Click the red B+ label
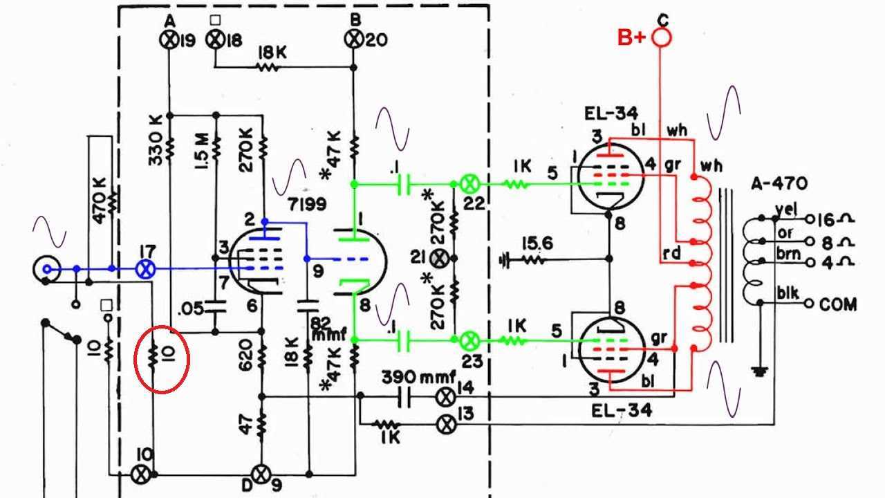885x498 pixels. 632,38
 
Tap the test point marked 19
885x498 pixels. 169,40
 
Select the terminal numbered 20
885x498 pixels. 353,39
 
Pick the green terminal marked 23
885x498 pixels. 470,340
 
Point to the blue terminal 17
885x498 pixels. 146,270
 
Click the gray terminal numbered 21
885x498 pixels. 438,259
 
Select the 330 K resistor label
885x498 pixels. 156,140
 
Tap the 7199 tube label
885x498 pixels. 308,204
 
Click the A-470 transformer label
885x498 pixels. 779,184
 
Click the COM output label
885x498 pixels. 838,304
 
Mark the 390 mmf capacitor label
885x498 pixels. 419,378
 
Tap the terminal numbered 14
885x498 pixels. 446,397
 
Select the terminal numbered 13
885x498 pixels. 447,425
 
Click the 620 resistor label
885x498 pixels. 245,356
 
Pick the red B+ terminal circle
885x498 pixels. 661,38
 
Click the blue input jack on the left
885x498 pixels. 46,270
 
